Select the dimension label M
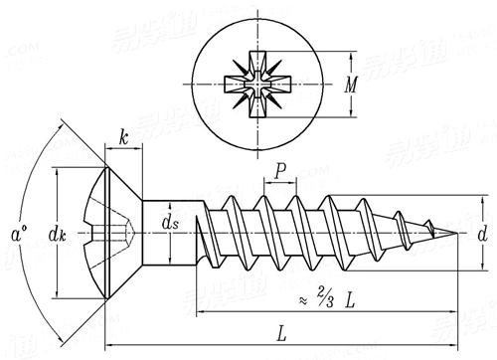351,86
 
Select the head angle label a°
17,236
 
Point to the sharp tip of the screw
459,236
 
